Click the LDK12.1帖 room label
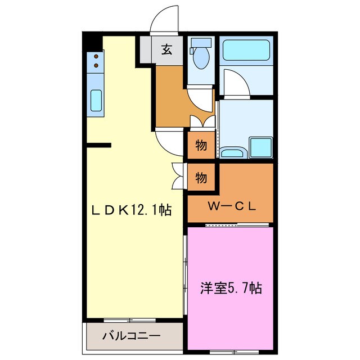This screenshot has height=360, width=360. (132, 210)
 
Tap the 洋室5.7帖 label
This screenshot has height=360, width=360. (231, 289)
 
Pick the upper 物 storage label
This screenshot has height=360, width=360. (201, 146)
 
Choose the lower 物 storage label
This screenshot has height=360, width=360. (201, 178)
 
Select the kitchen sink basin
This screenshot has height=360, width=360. (96, 102)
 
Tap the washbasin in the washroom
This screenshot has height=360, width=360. (231, 152)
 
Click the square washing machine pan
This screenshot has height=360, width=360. (260, 147)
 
